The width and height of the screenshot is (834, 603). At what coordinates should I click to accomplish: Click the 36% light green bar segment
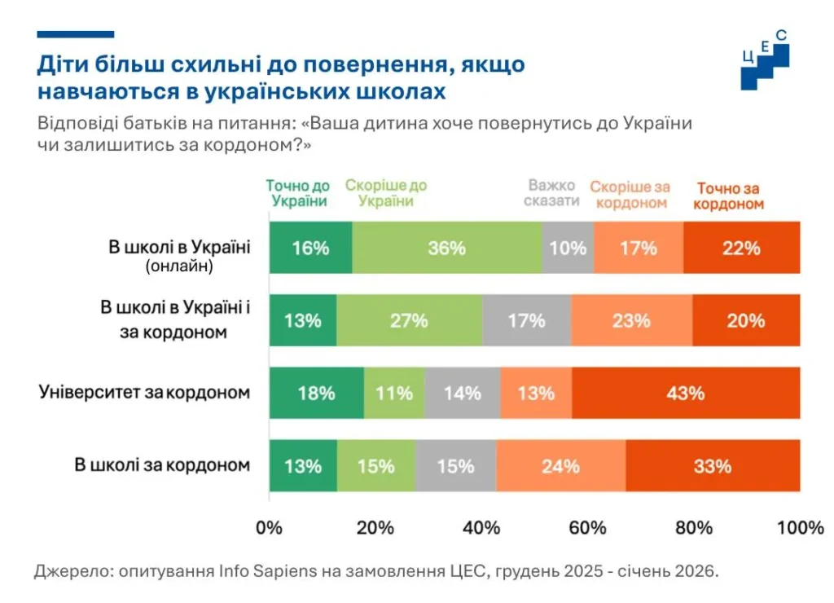click(x=447, y=248)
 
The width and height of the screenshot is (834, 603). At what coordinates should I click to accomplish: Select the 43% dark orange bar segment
click(x=686, y=393)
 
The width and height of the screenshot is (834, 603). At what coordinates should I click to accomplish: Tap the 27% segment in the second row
click(x=409, y=320)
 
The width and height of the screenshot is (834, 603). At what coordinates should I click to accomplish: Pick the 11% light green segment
click(x=394, y=393)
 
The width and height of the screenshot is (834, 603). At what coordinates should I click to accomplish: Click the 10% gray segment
click(x=568, y=248)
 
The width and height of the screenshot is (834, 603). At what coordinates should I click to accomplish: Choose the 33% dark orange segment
click(x=713, y=466)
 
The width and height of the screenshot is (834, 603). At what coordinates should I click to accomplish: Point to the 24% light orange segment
click(x=560, y=466)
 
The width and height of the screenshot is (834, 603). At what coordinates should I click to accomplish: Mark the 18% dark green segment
click(x=316, y=393)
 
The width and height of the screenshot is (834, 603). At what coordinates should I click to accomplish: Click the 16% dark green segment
click(x=310, y=248)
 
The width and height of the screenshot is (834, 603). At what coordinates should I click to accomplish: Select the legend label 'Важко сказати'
click(x=552, y=193)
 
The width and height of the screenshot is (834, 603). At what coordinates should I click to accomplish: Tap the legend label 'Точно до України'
click(x=298, y=193)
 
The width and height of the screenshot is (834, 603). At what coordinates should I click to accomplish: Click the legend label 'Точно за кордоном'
click(x=729, y=196)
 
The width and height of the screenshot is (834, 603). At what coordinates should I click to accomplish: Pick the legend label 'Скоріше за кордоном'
click(x=630, y=195)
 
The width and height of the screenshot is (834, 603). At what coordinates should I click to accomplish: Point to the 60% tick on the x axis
click(x=588, y=527)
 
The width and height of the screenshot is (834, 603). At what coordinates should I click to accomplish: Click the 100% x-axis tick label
click(x=800, y=527)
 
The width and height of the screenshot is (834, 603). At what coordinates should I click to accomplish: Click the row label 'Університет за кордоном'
click(x=144, y=393)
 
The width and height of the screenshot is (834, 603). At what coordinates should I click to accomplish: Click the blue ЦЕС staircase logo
click(x=765, y=62)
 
